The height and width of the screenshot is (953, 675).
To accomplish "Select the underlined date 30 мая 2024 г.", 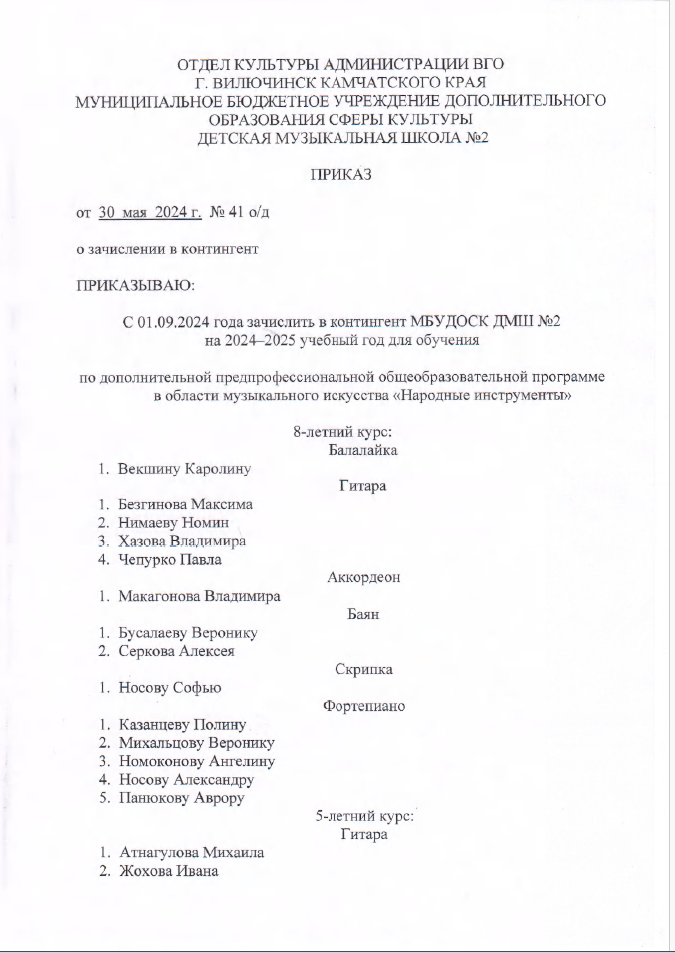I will coord(150,212).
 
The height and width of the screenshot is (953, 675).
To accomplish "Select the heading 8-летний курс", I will coord(341,432).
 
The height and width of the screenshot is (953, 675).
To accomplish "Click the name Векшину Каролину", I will coord(183,468).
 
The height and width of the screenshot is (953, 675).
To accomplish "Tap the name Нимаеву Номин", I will coord(174,522).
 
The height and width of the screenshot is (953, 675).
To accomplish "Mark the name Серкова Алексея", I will coord(176,651).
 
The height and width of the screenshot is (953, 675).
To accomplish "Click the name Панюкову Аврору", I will coord(181,798).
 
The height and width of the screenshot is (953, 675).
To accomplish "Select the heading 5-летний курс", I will coord(363,816).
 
